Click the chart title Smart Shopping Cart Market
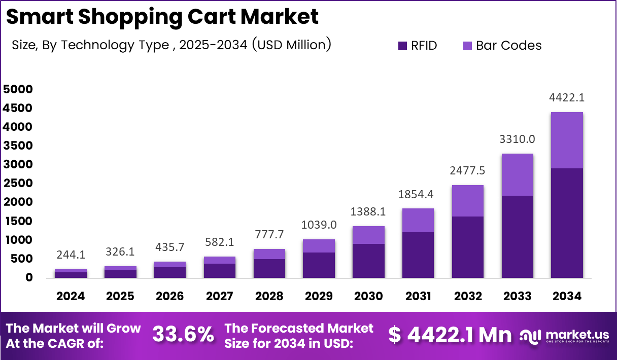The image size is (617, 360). point(162,17)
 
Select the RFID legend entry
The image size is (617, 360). point(417,46)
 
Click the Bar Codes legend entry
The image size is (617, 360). point(502,46)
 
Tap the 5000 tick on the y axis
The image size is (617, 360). point(18,89)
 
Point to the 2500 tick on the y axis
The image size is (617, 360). point(18,184)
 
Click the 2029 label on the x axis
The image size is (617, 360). point(319,296)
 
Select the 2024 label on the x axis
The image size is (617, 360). point(71,296)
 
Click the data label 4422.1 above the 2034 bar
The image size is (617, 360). point(567,97)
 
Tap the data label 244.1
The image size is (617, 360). point(71,255)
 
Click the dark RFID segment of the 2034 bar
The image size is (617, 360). point(567,223)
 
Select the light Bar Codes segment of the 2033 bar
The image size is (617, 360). point(517,174)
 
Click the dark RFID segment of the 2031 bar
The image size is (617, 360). point(418,255)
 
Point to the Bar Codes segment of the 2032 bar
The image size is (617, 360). point(467,201)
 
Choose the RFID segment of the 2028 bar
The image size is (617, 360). point(269,268)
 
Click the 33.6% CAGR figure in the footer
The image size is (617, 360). point(183,335)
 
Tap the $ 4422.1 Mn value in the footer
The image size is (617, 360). point(450,335)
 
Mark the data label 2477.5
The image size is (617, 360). point(467,171)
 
